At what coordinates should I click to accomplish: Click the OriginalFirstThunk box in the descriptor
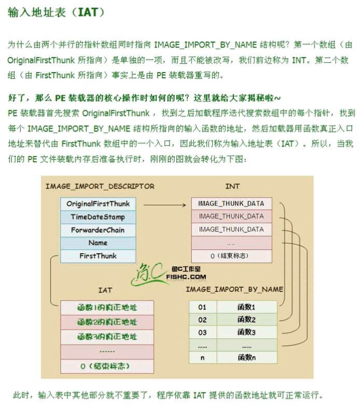click(x=98, y=203)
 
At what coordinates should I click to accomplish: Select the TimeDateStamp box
click(x=98, y=216)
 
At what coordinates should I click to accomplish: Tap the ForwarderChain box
click(x=98, y=229)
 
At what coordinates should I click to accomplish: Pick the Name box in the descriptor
click(x=98, y=242)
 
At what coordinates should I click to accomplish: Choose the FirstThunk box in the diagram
click(x=98, y=256)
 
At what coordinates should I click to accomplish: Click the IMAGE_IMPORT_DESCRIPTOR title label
click(x=100, y=186)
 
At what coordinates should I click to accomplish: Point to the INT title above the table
click(x=232, y=186)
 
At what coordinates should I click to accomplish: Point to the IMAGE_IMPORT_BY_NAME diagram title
click(x=234, y=289)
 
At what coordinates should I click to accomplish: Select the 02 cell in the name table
click(x=202, y=320)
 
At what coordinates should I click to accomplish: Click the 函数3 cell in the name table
click(x=246, y=332)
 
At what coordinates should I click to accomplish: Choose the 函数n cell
click(x=246, y=357)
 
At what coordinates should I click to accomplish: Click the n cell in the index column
click(x=202, y=357)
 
